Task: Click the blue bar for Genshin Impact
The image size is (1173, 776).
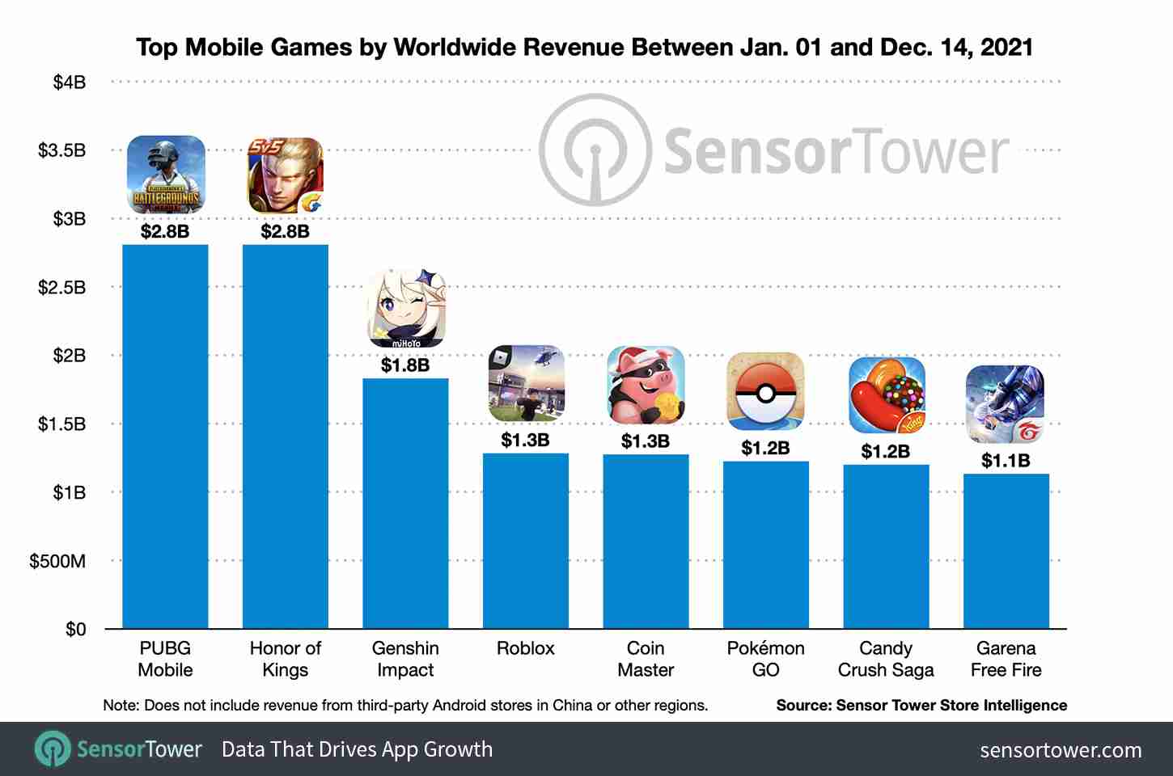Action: click(405, 503)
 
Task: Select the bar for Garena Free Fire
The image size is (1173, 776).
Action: click(1006, 550)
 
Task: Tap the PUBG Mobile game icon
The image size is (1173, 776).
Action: click(166, 175)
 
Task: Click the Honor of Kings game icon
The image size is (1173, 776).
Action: click(285, 175)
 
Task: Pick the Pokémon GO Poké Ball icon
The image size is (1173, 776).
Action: click(765, 391)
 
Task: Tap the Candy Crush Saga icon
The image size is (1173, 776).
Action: click(886, 395)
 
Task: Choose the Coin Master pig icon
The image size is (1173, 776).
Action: click(646, 385)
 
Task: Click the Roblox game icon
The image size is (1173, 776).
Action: click(526, 383)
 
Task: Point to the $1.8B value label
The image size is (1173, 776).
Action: click(405, 365)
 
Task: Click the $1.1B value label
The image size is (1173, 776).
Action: click(1006, 461)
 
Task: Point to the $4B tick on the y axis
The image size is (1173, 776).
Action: click(70, 82)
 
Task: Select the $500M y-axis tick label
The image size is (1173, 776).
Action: click(57, 561)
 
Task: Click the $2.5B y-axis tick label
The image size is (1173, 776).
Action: click(62, 288)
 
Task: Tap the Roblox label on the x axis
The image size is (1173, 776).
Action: click(526, 648)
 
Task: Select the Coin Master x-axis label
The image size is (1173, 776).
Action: click(646, 659)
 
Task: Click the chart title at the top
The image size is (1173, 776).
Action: click(584, 47)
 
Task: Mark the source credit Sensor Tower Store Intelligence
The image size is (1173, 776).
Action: click(921, 705)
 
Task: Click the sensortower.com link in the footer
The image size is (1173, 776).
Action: click(1061, 750)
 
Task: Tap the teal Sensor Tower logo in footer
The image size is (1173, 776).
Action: click(53, 749)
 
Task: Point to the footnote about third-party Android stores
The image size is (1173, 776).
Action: click(405, 705)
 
